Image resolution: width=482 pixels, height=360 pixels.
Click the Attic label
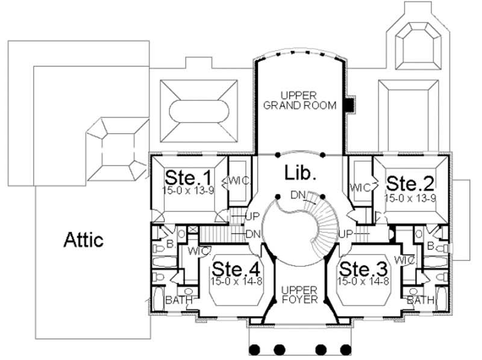click(84, 240)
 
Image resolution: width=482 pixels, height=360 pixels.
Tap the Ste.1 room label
click(189, 179)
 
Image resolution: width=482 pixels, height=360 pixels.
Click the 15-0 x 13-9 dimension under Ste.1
click(189, 190)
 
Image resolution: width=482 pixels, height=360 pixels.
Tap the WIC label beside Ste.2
click(360, 187)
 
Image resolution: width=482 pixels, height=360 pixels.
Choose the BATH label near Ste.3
click(419, 300)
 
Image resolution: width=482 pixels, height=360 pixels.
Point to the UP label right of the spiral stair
click(346, 233)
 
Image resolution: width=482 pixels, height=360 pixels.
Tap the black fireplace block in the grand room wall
click(348, 104)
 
